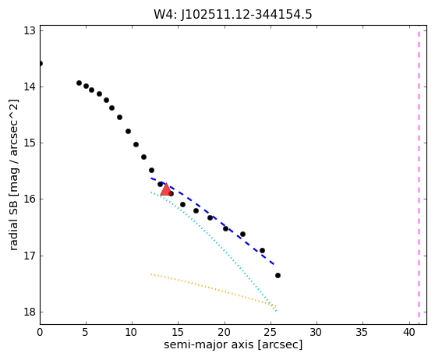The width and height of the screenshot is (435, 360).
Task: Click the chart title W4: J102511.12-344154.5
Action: [x=233, y=14]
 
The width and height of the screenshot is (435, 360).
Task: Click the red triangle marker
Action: [x=166, y=189]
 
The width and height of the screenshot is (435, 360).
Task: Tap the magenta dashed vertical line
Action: [x=419, y=175]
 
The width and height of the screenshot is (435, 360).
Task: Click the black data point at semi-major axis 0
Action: [x=41, y=64]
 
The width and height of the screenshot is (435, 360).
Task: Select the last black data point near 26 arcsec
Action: [x=278, y=275]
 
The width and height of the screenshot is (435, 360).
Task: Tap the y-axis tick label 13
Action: [x=29, y=30]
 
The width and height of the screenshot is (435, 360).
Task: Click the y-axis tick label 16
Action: [x=29, y=199]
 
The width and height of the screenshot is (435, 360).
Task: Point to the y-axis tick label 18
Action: [x=29, y=312]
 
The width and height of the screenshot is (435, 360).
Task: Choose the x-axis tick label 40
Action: [x=409, y=332]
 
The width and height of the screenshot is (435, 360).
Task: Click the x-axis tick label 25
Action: [x=271, y=332]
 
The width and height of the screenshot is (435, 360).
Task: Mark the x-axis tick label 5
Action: [x=86, y=332]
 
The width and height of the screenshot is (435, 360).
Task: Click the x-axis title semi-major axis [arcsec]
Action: [x=233, y=344]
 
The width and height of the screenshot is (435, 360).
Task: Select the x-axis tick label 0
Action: [x=40, y=332]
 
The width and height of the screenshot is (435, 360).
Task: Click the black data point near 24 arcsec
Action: [x=262, y=250]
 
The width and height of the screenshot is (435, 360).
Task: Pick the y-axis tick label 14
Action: [x=29, y=86]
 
